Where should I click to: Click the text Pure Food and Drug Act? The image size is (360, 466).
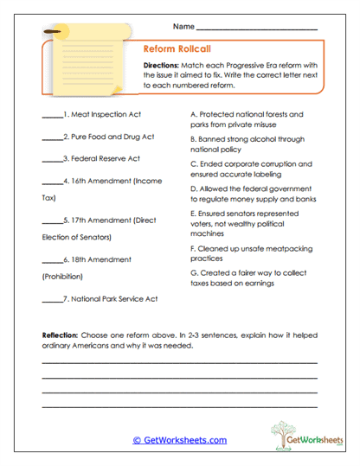click(x=112, y=137)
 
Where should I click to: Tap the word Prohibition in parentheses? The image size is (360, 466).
click(x=62, y=277)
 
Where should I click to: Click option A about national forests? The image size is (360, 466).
click(x=247, y=119)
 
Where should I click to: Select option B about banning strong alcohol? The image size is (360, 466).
click(x=246, y=143)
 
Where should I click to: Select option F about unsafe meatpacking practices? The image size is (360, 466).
click(x=247, y=252)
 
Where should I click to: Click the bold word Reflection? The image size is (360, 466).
click(x=61, y=334)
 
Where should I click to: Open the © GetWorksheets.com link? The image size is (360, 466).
click(x=180, y=440)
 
